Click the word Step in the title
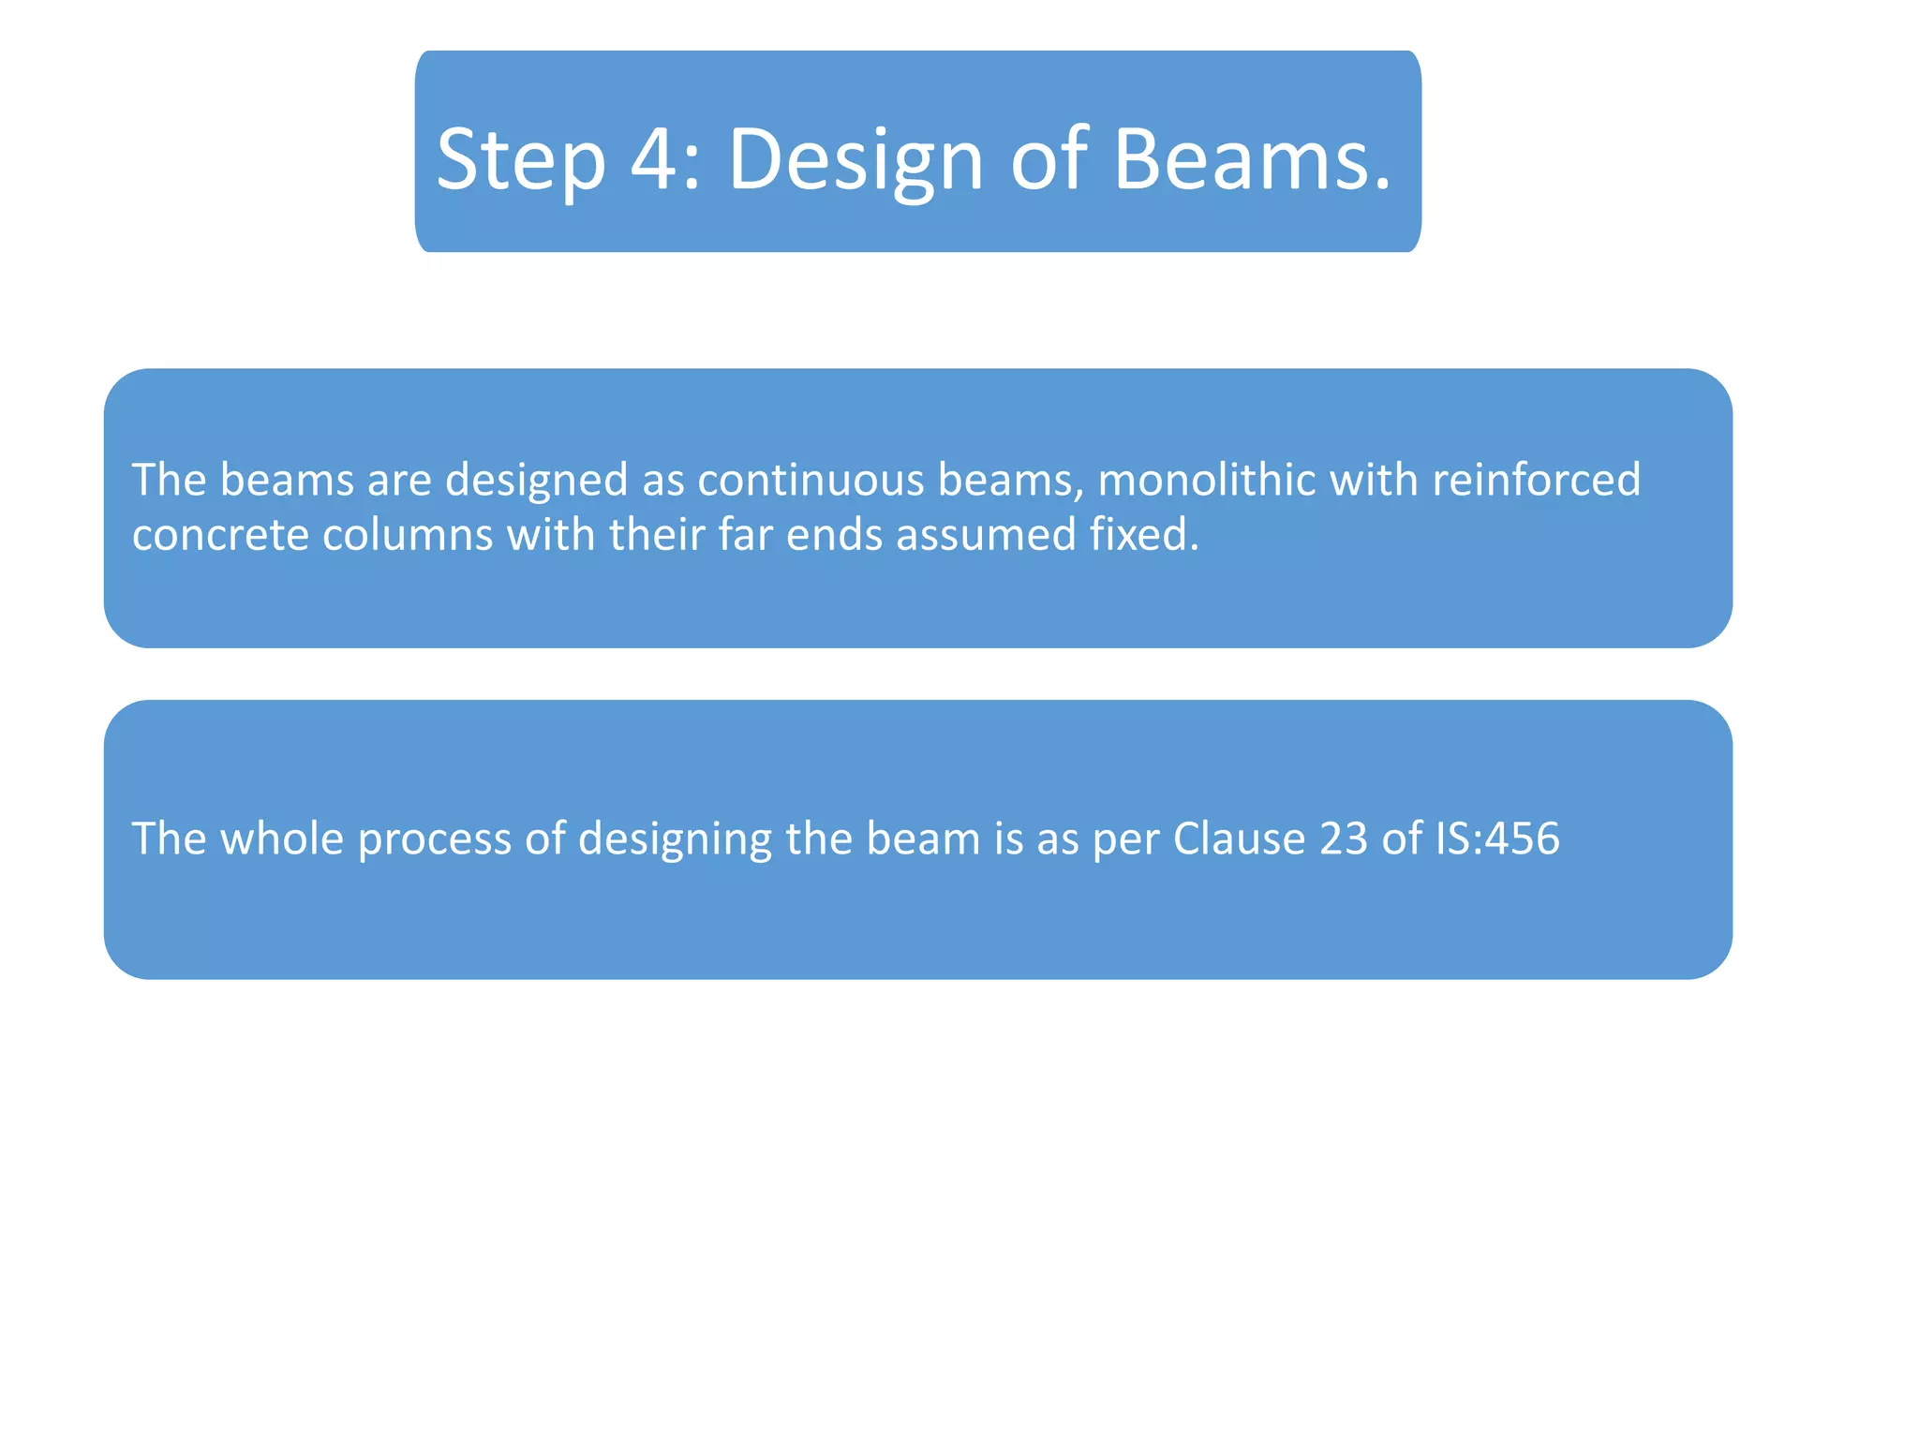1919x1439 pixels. (521, 160)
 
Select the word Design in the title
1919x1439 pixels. (855, 160)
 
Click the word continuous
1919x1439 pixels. (811, 480)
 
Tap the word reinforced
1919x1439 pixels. (1536, 480)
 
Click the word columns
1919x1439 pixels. (408, 535)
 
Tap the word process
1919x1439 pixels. (435, 839)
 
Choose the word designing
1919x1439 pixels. (675, 839)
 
